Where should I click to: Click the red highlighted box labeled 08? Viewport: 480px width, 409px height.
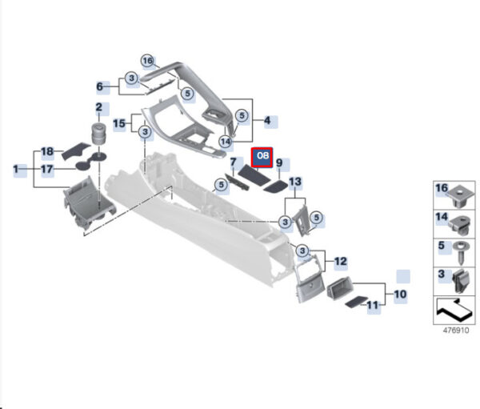coord(263,158)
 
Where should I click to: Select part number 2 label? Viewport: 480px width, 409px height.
coord(98,108)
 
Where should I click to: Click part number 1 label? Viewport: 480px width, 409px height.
coord(17,169)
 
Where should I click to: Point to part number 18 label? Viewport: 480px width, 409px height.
coord(47,151)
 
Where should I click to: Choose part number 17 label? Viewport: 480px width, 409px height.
coord(47,169)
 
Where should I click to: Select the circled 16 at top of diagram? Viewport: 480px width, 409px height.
coord(147,61)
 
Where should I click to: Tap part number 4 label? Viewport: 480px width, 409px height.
coord(267,121)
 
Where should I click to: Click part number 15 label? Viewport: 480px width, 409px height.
coord(120,124)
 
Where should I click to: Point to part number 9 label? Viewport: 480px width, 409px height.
coord(279,164)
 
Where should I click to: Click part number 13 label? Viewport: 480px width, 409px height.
coord(296,182)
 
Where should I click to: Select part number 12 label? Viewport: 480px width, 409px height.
coord(341,261)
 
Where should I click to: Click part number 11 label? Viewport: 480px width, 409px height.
coord(372,305)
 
